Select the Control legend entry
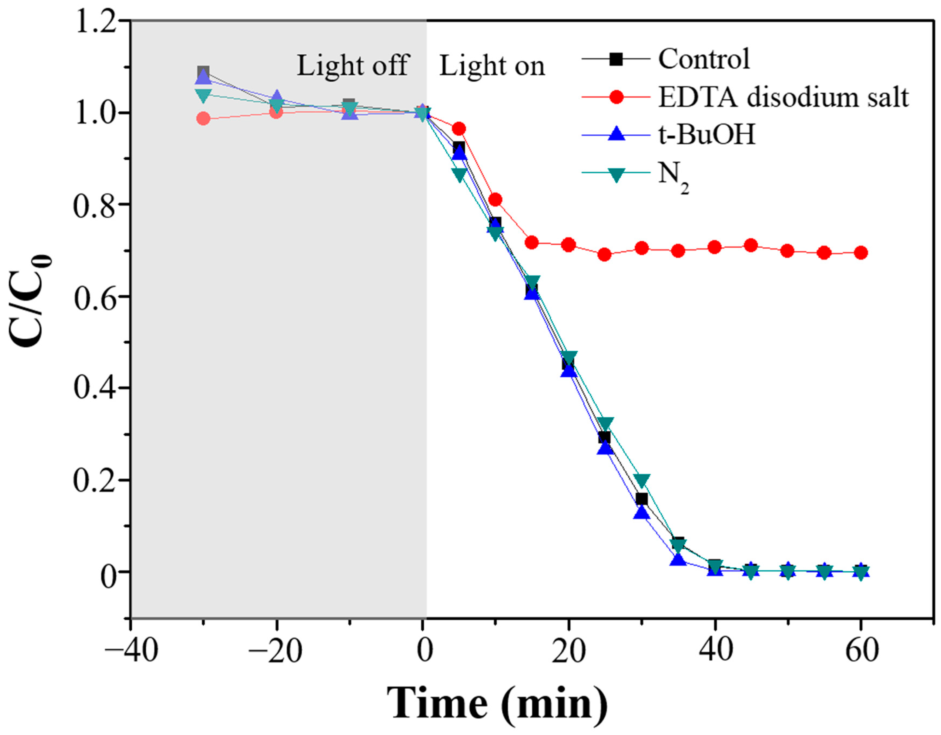[x=704, y=59]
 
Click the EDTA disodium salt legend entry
[x=783, y=97]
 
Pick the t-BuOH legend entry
[x=706, y=135]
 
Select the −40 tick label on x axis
[x=131, y=651]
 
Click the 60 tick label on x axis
[x=861, y=651]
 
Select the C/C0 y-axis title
[x=32, y=302]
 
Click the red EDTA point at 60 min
[x=861, y=253]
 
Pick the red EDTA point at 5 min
[x=459, y=128]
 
